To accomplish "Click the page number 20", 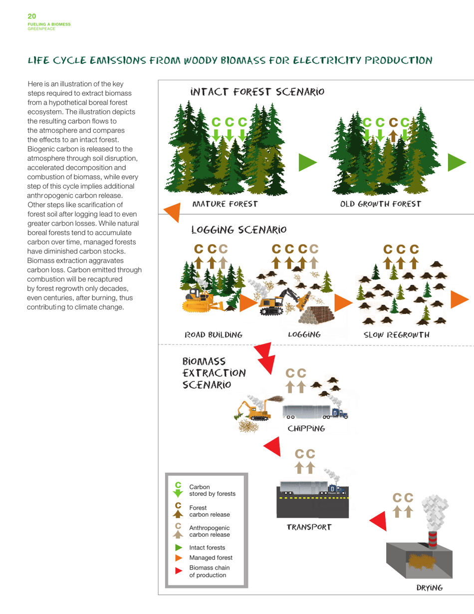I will click(x=31, y=16).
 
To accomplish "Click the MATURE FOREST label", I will click(x=225, y=204).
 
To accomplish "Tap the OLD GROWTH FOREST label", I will click(x=381, y=204).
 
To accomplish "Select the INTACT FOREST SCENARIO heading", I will click(x=257, y=92).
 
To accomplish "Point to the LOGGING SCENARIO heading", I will click(x=239, y=230).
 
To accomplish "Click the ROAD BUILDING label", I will click(x=214, y=334).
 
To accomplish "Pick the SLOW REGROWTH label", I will click(x=397, y=334).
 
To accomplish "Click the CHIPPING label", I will click(x=306, y=429).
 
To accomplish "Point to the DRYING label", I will click(x=429, y=588).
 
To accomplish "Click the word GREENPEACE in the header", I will click(x=41, y=29).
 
